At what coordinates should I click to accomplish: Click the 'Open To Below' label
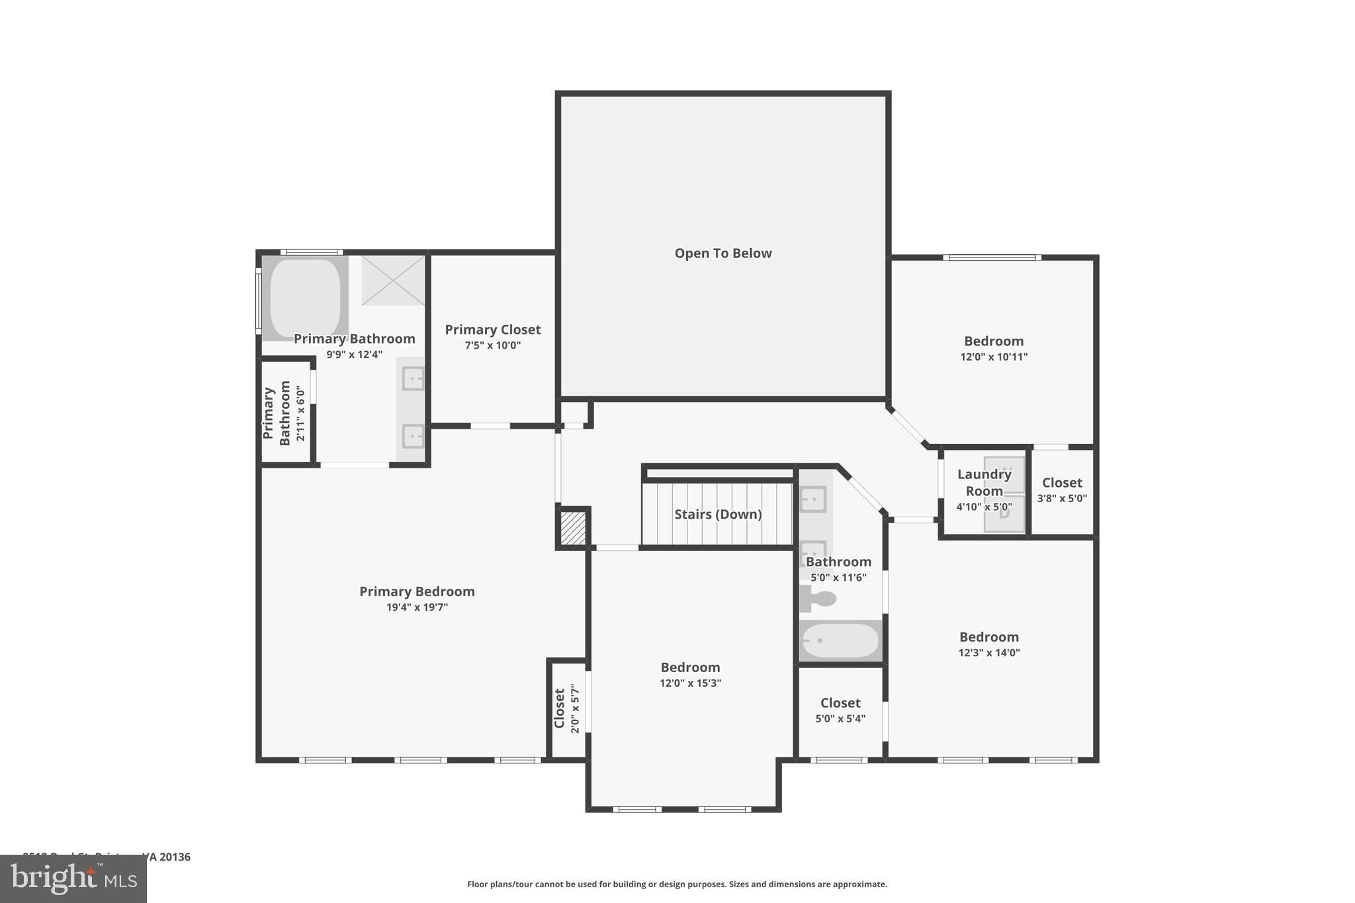pos(722,253)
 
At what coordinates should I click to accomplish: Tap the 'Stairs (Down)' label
pos(718,514)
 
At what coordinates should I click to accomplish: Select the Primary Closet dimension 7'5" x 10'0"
pos(492,345)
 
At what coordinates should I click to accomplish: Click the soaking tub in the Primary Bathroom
pos(305,298)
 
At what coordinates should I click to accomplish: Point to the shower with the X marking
pos(393,280)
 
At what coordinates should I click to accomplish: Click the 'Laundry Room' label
pos(984,482)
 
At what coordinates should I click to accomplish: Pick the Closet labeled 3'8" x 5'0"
pos(1062,490)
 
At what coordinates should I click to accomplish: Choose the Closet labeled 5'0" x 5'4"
pos(840,710)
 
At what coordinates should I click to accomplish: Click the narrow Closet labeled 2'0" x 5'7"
pos(568,709)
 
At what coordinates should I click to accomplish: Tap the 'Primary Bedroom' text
pos(417,591)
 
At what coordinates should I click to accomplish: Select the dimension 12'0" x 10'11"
pos(994,357)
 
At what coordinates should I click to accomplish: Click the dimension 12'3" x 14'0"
pos(989,653)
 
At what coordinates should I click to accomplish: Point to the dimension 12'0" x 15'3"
pos(690,683)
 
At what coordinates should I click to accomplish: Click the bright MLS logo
pos(73,879)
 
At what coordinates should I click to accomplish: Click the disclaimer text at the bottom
pos(677,884)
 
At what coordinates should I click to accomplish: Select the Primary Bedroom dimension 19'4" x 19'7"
pos(417,607)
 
